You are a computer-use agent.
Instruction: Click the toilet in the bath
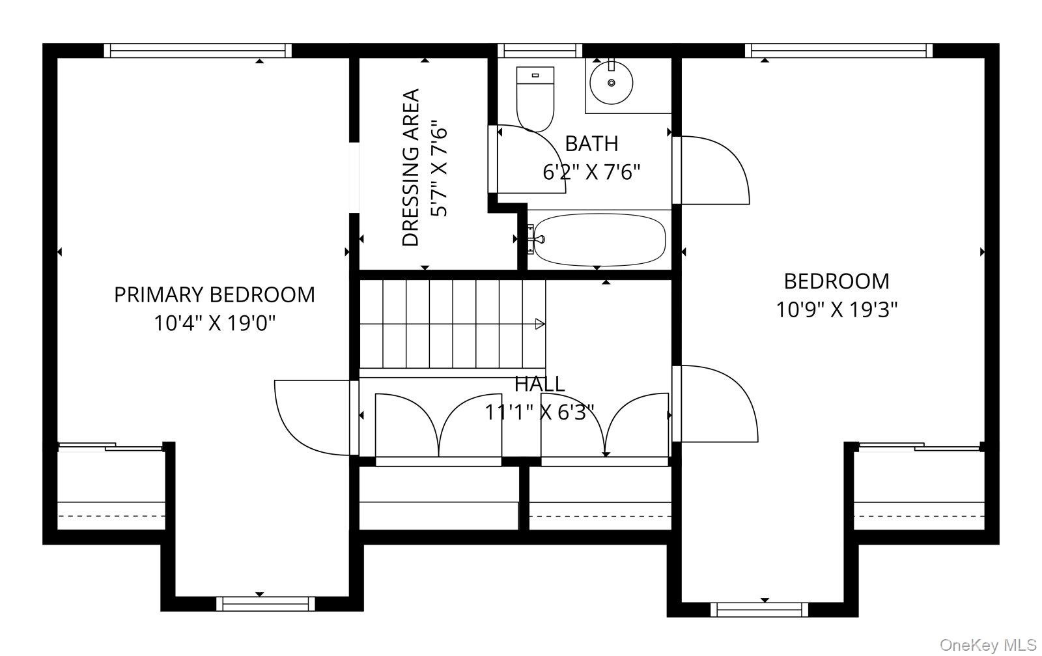535,98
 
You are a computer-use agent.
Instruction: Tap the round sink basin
612,83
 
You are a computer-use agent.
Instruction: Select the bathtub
600,240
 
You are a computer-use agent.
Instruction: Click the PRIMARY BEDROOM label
214,295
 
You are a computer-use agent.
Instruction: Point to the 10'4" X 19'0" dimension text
214,323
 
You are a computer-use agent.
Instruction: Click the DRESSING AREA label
411,167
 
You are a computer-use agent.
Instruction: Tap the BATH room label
592,144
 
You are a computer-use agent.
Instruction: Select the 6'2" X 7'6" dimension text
592,172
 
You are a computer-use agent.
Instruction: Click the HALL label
540,384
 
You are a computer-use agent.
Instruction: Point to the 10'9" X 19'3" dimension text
837,309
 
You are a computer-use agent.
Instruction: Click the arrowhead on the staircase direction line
540,324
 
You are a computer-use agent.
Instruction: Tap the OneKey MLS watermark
988,645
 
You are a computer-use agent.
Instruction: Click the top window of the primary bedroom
198,50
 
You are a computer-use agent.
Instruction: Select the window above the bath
540,50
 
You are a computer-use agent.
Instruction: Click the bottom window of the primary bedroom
266,603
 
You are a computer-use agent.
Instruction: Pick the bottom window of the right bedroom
759,610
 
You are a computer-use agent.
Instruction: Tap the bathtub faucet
538,239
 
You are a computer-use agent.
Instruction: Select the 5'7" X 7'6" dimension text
439,169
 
